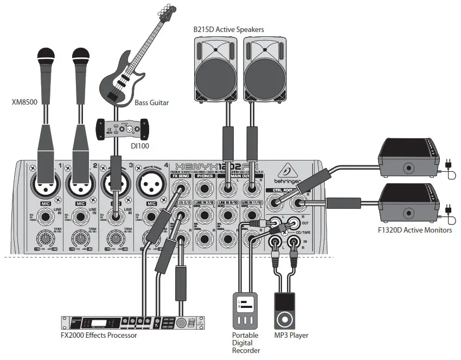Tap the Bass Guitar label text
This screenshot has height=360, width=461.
151,102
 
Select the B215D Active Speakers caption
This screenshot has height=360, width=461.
229,29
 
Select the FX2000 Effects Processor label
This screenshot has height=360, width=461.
99,335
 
